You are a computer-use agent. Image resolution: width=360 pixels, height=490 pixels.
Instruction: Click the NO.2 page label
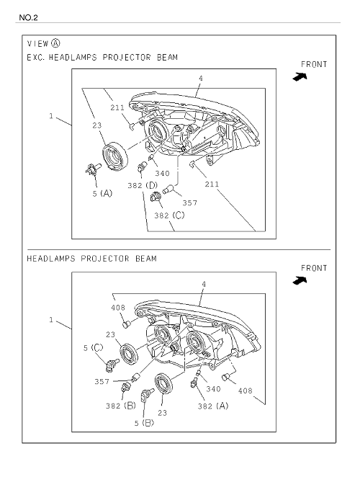[28, 17]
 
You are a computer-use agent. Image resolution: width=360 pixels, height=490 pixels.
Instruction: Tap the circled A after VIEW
[55, 43]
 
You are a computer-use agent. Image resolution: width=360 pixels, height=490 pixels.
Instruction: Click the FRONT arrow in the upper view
[300, 76]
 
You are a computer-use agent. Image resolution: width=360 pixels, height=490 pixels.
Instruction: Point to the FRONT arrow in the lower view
[300, 280]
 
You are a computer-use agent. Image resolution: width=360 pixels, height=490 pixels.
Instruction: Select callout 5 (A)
[102, 193]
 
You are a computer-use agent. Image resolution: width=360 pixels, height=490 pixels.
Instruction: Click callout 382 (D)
[143, 185]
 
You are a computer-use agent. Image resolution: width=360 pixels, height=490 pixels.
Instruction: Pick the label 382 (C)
[169, 215]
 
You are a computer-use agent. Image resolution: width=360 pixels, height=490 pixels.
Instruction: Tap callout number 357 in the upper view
[190, 203]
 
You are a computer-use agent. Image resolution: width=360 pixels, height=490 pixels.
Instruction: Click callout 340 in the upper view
[162, 174]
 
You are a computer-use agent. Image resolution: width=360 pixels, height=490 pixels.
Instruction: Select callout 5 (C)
[93, 348]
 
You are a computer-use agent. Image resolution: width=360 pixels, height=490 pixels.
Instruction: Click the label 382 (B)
[121, 406]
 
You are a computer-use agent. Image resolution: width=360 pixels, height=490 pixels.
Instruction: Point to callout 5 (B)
[144, 423]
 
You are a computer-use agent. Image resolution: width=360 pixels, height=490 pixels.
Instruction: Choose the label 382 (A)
[213, 406]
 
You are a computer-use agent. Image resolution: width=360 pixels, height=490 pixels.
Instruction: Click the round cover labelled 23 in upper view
[115, 156]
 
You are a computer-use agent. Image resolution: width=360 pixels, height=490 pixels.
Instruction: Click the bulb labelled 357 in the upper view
[169, 189]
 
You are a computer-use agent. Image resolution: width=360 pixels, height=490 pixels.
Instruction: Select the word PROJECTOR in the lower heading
[105, 259]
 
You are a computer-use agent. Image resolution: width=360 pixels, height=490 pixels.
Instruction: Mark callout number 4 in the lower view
[204, 285]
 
